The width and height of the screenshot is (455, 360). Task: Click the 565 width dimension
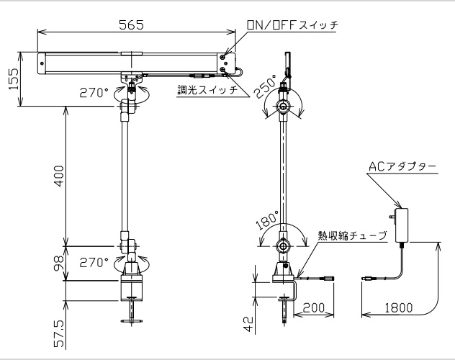pyautogui.click(x=131, y=25)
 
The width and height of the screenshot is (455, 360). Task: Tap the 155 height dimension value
pyautogui.click(x=14, y=79)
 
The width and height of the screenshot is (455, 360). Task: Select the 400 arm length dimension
pyautogui.click(x=59, y=176)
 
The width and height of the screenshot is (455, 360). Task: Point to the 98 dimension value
pyautogui.click(x=59, y=264)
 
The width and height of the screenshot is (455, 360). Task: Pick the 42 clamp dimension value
pyautogui.click(x=248, y=324)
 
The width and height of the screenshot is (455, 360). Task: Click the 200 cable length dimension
pyautogui.click(x=314, y=307)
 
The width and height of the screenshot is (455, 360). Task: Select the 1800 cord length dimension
pyautogui.click(x=398, y=307)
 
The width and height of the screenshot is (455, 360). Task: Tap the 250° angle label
pyautogui.click(x=266, y=86)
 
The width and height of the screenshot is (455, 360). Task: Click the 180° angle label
pyautogui.click(x=268, y=221)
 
